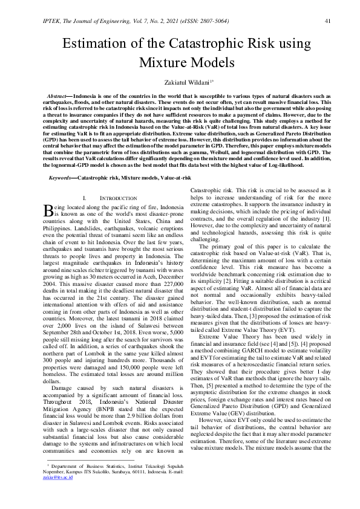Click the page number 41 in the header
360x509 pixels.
[x=327, y=21]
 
